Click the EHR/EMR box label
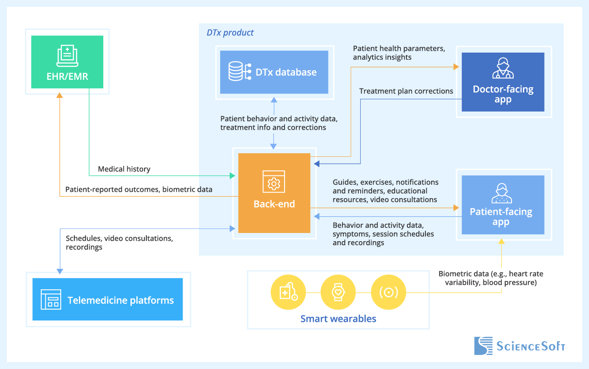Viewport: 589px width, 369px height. coord(67,76)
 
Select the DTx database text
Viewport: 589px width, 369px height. coord(286,72)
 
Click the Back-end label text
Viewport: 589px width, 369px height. coord(274,204)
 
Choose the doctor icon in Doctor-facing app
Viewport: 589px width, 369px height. coord(502,68)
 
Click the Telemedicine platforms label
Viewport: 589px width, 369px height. coord(121,300)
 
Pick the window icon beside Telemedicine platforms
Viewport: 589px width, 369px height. coord(51,300)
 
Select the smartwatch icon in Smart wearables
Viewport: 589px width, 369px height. coord(338,292)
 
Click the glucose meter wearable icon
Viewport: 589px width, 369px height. coord(288,292)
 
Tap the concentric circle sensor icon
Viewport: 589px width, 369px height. coord(388,292)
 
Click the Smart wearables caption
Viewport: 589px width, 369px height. coord(338,319)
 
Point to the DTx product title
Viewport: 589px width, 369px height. coord(230,33)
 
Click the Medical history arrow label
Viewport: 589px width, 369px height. coord(124,169)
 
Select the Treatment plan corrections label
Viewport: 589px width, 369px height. coord(406,91)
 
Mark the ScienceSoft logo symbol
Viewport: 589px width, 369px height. coord(483,346)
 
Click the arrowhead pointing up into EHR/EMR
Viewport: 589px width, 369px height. coord(59,96)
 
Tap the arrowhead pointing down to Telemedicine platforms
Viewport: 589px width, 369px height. coord(60,271)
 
